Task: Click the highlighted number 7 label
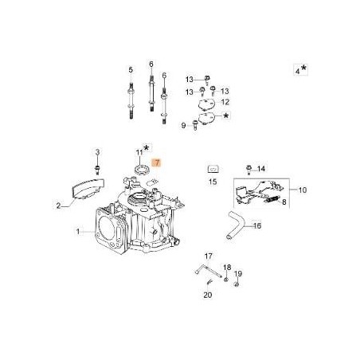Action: coord(157,162)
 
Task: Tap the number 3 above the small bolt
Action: coord(298,70)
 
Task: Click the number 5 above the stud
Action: coord(150,64)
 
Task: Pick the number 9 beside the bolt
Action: coord(184,125)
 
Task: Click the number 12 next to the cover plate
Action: coord(225,103)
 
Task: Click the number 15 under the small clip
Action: coord(213,182)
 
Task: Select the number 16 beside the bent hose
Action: coord(257,225)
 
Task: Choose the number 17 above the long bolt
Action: coord(208,256)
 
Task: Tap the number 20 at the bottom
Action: coord(208,295)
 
